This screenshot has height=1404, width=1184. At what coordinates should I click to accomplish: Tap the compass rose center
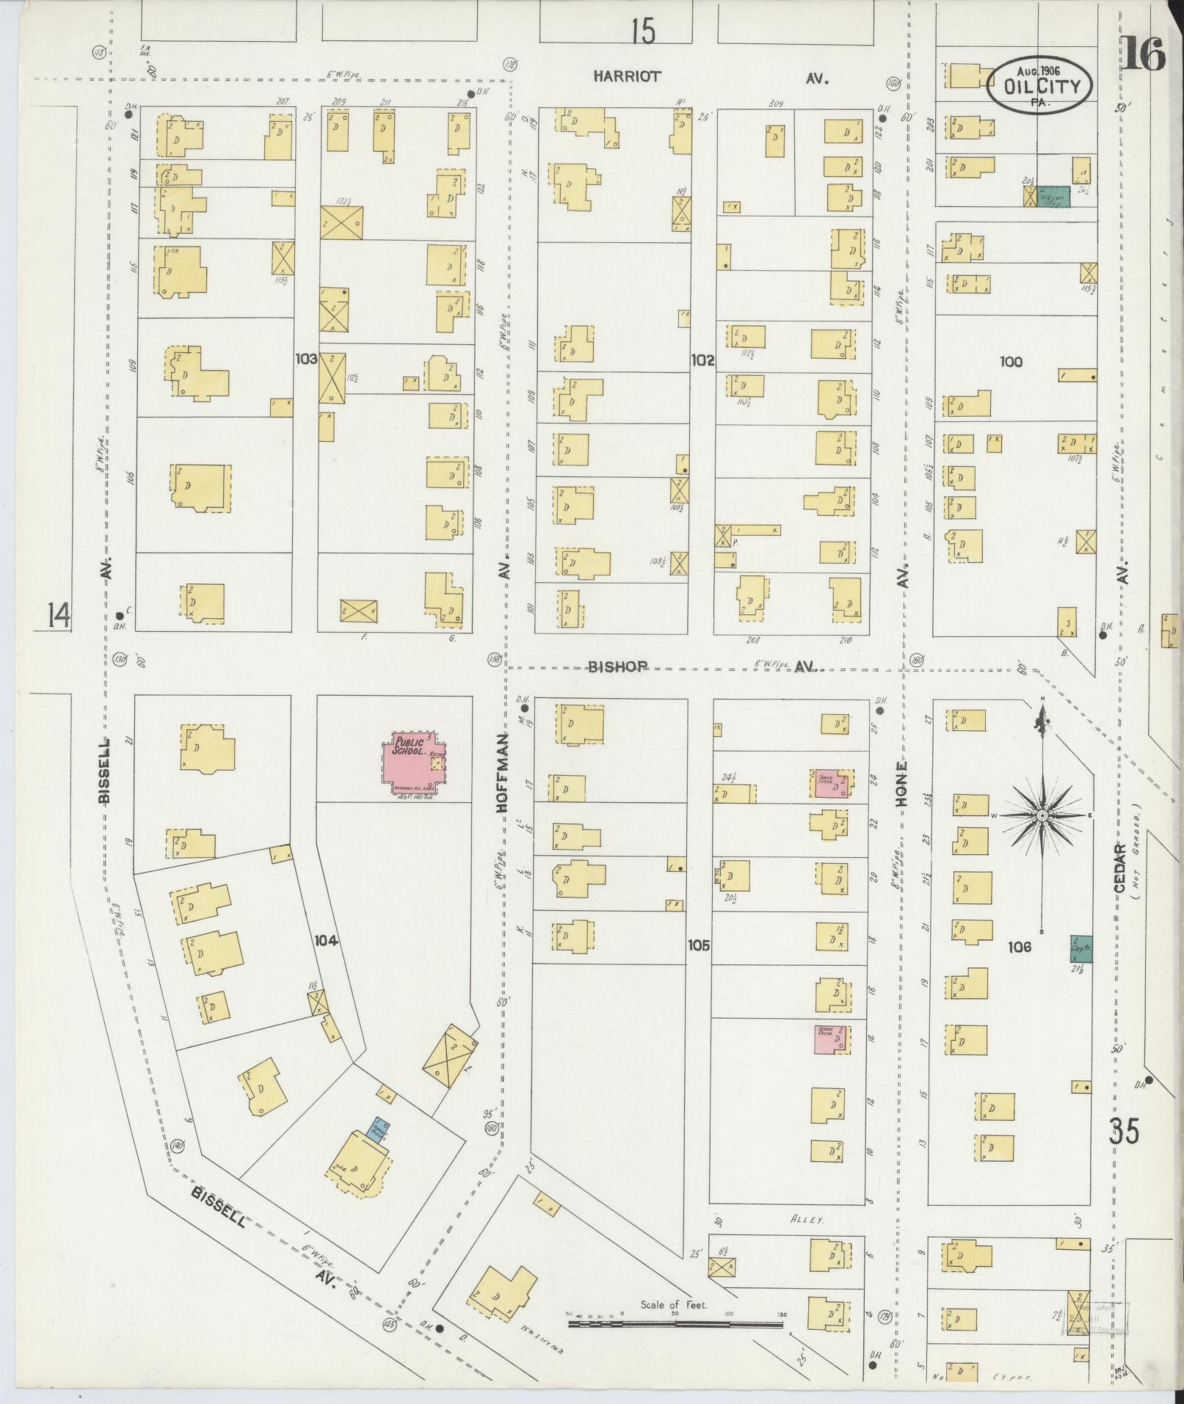1042,816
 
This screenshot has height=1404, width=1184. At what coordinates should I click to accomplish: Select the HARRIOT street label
628,76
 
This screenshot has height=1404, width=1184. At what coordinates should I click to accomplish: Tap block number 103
306,359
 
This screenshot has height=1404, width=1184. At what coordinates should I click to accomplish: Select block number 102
702,360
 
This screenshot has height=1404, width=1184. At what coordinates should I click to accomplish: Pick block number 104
325,940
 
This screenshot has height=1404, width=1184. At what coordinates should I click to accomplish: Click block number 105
699,946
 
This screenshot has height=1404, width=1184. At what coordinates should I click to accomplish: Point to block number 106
1020,947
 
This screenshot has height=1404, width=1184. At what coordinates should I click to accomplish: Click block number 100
1010,361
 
